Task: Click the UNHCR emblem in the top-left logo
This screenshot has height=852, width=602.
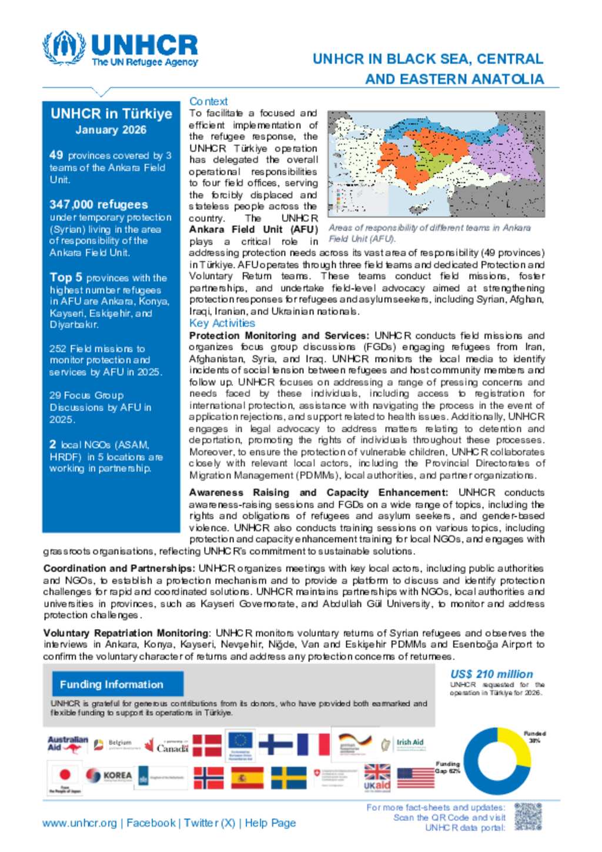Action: click(x=64, y=48)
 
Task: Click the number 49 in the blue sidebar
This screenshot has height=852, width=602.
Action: click(x=56, y=155)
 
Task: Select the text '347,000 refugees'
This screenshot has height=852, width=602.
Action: click(x=99, y=205)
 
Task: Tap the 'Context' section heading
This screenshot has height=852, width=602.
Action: click(x=208, y=101)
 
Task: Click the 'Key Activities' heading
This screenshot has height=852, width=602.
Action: click(x=222, y=323)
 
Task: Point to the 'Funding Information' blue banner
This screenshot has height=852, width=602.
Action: click(x=112, y=684)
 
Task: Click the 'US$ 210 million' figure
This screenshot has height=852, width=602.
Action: click(x=491, y=674)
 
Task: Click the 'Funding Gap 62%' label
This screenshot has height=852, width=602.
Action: click(x=448, y=767)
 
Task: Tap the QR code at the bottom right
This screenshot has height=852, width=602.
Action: click(x=527, y=817)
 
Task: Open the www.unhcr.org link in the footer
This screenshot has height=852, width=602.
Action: click(x=79, y=823)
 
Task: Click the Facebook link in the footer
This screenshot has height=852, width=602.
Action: click(x=151, y=823)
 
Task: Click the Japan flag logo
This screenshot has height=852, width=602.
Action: click(x=65, y=777)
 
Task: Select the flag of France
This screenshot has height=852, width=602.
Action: click(x=313, y=744)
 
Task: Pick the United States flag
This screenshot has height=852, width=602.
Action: click(x=416, y=778)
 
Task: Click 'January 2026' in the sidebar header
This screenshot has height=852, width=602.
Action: click(x=111, y=130)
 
